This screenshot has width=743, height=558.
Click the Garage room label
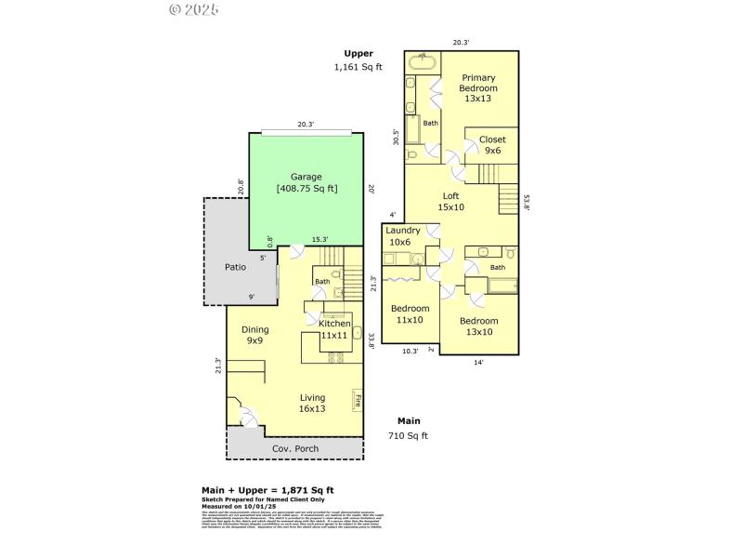coord(306,177)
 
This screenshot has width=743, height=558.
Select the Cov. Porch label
coord(295,449)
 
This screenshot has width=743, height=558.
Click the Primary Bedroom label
coord(478,88)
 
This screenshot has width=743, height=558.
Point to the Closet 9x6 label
coord(492,145)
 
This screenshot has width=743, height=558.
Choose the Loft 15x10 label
coord(450,201)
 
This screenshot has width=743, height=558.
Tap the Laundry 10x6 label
coord(403,236)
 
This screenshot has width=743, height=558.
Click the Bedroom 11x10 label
coord(410,313)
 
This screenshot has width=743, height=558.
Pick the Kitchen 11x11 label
coord(333,328)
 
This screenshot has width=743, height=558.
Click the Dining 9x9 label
coord(255,335)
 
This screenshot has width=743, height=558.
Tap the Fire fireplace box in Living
coord(357,401)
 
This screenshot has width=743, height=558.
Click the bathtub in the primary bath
coord(423,63)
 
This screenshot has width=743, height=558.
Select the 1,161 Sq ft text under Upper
coord(358,67)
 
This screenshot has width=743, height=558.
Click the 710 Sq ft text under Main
coord(407,435)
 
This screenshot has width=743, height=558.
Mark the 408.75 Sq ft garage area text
coord(306,189)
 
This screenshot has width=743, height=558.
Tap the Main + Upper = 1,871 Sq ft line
coord(268,490)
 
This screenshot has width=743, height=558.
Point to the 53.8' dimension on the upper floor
coord(526,202)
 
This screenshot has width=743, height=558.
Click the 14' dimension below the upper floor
coord(478,363)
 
